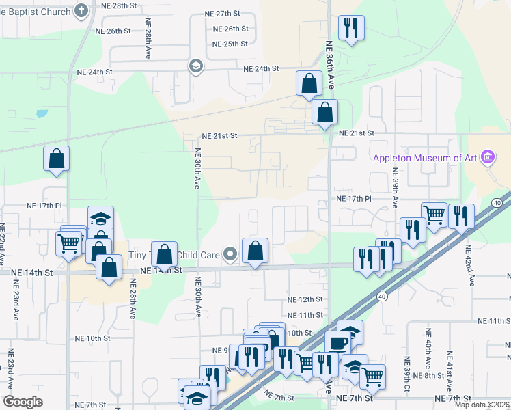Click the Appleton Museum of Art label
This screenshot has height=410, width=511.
point(425,158)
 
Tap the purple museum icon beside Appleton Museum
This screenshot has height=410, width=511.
point(487,158)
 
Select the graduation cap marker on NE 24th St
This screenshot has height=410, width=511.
point(195,66)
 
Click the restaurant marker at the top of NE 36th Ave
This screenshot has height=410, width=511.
point(351,29)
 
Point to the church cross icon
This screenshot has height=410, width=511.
point(81,11)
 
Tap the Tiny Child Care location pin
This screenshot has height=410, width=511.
point(231,256)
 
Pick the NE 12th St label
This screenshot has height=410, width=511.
point(305,299)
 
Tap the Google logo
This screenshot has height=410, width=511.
point(23,402)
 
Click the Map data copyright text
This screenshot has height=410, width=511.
point(482,405)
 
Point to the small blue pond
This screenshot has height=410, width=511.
point(42,113)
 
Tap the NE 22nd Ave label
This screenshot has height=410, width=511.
point(3,243)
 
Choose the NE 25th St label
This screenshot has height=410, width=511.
point(230,44)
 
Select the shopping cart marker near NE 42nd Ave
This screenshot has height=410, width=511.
point(434,215)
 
